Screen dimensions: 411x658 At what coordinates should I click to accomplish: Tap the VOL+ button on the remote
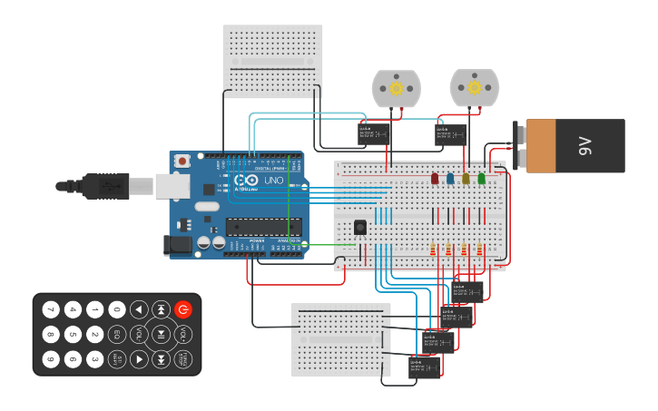click(183, 335)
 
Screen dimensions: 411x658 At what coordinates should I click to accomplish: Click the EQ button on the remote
click(117, 334)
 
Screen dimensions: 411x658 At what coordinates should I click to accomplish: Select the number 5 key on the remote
click(73, 334)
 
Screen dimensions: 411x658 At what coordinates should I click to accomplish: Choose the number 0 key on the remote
click(117, 309)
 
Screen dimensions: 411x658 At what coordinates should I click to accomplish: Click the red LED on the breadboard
click(435, 179)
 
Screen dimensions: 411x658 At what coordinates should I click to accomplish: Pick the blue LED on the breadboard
click(450, 179)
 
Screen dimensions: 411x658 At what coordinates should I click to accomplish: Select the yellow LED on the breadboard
click(466, 179)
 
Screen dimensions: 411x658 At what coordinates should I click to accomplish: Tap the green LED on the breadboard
click(482, 179)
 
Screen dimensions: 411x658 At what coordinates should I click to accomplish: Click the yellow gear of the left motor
click(397, 88)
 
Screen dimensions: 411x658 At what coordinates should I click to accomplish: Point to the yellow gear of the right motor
click(474, 88)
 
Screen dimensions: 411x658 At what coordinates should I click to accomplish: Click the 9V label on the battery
click(584, 144)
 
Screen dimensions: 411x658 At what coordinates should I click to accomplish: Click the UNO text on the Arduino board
click(273, 181)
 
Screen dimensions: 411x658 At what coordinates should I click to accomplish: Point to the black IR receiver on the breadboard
click(360, 226)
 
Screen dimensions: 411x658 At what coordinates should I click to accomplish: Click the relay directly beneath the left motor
click(374, 133)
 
